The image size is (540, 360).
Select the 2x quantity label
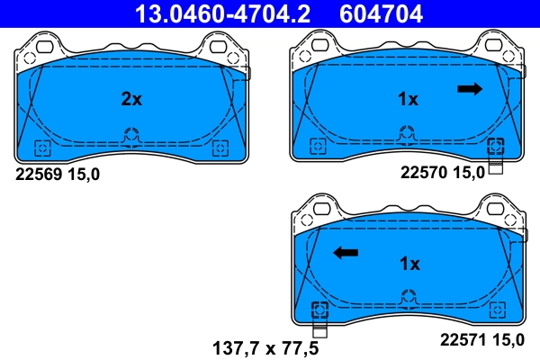[131, 99]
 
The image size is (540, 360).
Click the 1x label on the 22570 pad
[409, 99]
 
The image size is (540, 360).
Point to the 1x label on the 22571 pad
[409, 264]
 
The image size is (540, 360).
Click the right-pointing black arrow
[470, 88]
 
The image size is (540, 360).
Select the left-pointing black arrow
[345, 253]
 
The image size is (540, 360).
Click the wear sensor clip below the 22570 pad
[494, 165]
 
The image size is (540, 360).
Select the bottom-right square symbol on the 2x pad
[217, 148]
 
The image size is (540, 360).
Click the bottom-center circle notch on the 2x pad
[130, 137]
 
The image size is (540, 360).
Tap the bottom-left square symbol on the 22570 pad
[316, 146]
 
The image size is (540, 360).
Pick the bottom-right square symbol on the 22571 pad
[495, 310]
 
